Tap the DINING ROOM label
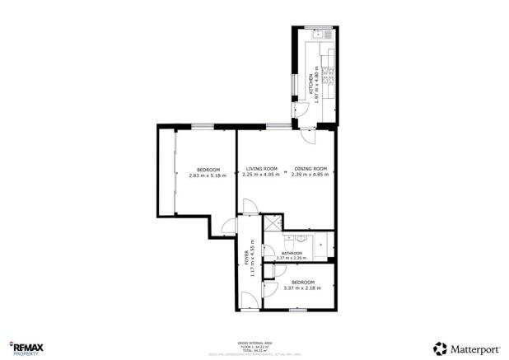[311, 169]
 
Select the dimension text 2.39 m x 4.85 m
[311, 175]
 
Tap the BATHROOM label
[292, 253]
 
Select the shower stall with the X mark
[272, 222]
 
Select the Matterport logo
[466, 348]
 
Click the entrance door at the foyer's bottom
[247, 301]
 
